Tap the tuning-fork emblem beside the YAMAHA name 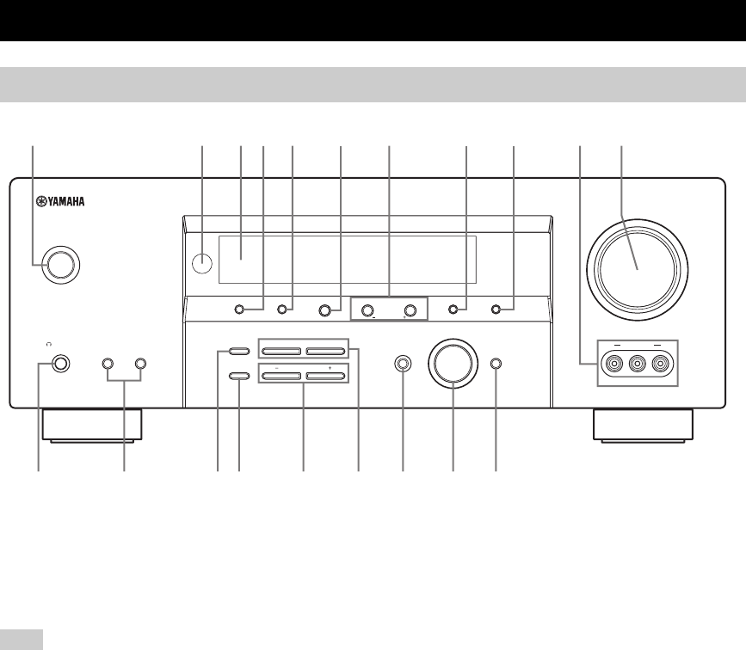point(40,204)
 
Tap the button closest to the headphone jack point(108,364)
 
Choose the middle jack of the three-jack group point(637,365)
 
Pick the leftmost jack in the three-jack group point(613,365)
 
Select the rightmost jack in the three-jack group point(660,365)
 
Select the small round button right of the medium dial point(496,364)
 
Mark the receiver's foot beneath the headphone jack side point(96,425)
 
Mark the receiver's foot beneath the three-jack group point(642,425)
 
